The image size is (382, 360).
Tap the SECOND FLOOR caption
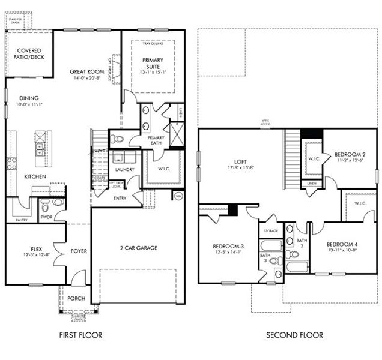294,335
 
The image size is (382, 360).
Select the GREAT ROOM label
87,71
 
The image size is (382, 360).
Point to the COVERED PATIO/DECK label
29,54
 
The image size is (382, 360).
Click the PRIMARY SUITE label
153,63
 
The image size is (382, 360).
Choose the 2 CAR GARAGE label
138,248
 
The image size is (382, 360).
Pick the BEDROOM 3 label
228,247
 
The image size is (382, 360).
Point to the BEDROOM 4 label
342,244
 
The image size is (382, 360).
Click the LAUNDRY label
124,170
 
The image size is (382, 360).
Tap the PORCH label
76,298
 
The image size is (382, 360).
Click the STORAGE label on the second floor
270,230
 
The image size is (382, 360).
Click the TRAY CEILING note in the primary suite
153,44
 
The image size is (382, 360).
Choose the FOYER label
79,252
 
